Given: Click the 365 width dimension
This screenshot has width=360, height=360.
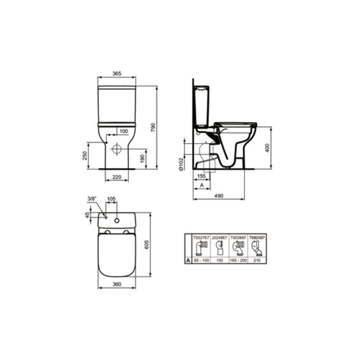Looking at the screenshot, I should [117, 74].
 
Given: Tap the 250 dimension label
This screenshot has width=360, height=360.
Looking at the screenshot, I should [84, 155].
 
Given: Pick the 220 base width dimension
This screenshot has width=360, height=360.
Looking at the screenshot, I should [117, 178].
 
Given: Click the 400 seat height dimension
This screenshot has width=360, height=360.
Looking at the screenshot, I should [267, 148].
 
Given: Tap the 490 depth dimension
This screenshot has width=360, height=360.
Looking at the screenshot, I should [219, 196].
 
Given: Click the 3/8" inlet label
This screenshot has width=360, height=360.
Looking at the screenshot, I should [92, 198].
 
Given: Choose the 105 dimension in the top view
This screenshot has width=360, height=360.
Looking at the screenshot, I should [112, 199].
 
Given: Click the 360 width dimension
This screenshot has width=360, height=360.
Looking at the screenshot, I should [117, 284].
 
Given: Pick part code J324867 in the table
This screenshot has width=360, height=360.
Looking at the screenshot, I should [220, 238].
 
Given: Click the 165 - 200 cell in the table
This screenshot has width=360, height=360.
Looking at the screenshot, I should [239, 261].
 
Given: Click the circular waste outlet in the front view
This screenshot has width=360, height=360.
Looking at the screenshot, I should [117, 149].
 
